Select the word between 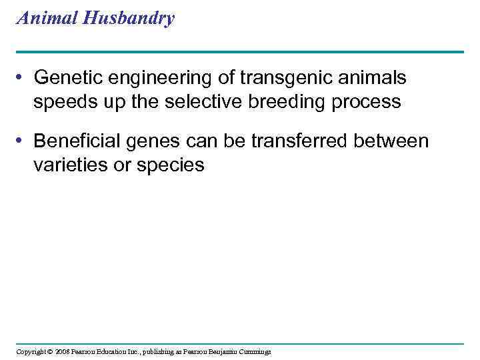[x=393, y=141]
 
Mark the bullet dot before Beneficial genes [x=23, y=141]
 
